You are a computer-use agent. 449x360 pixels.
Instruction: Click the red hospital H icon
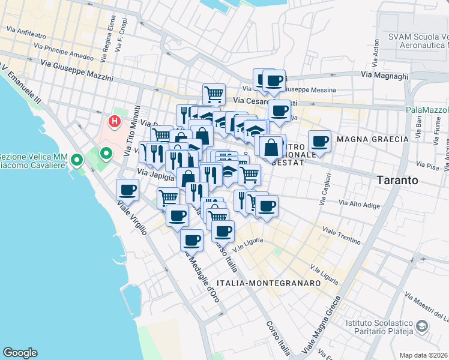click(114, 122)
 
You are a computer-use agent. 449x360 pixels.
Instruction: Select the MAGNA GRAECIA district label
click(372, 139)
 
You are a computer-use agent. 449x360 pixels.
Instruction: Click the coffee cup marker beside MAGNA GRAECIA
click(319, 142)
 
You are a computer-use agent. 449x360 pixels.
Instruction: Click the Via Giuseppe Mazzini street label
click(77, 70)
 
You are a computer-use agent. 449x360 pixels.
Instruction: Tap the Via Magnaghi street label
click(384, 76)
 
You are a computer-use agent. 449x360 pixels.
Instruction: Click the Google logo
click(20, 353)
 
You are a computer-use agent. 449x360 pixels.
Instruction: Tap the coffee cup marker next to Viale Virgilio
click(127, 190)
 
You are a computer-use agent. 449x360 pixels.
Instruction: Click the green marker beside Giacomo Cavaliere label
click(77, 160)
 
